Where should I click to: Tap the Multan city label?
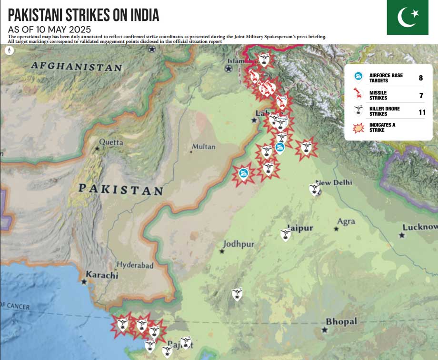(x=203, y=147)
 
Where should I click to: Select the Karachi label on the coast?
(x=101, y=275)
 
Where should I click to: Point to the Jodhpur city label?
(x=239, y=244)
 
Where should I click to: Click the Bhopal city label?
(x=341, y=322)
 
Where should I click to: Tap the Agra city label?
(x=346, y=221)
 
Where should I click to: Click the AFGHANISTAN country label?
(x=77, y=67)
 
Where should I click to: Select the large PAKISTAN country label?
(x=120, y=189)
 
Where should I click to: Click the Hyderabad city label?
(x=135, y=265)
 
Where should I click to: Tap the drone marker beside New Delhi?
(x=315, y=189)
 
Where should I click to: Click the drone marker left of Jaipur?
(x=286, y=234)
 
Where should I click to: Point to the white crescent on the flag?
(x=406, y=18)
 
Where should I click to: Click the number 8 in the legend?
(x=420, y=78)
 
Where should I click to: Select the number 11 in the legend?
(x=421, y=112)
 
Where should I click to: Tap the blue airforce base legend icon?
(x=358, y=77)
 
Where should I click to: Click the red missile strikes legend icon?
(x=358, y=94)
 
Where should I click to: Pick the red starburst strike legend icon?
(x=358, y=127)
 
